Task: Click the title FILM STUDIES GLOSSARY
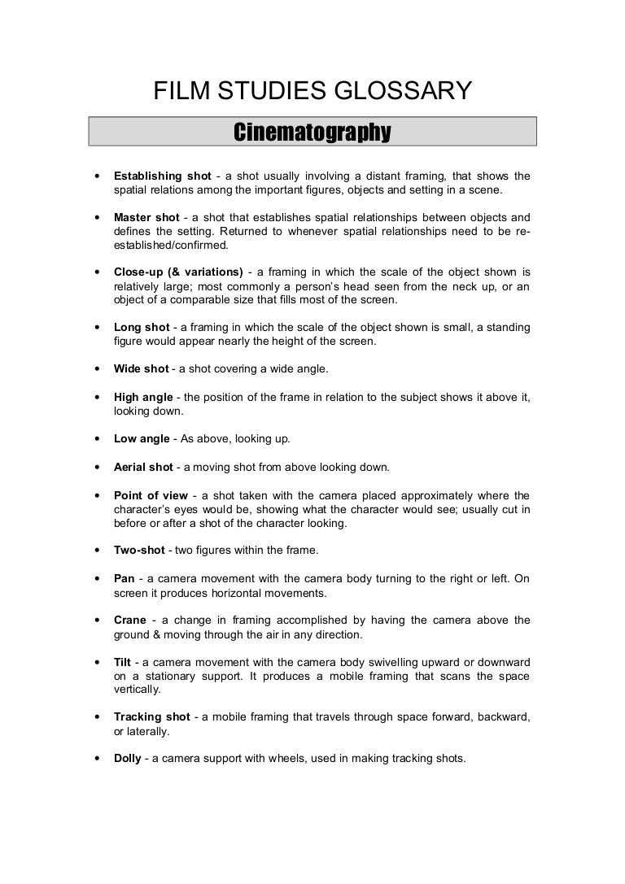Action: (x=312, y=91)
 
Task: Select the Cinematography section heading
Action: (x=312, y=132)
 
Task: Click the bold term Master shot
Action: (x=146, y=218)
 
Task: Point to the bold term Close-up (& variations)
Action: (x=178, y=271)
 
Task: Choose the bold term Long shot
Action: (x=142, y=327)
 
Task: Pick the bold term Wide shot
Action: (x=141, y=368)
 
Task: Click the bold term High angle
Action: (x=143, y=397)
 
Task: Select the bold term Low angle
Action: (x=142, y=438)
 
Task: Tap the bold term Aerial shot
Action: (x=143, y=467)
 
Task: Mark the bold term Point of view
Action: (x=151, y=495)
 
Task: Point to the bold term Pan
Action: (x=124, y=579)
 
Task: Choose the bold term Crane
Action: (x=130, y=621)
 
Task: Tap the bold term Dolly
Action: (x=127, y=758)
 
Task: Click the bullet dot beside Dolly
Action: (x=98, y=759)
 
